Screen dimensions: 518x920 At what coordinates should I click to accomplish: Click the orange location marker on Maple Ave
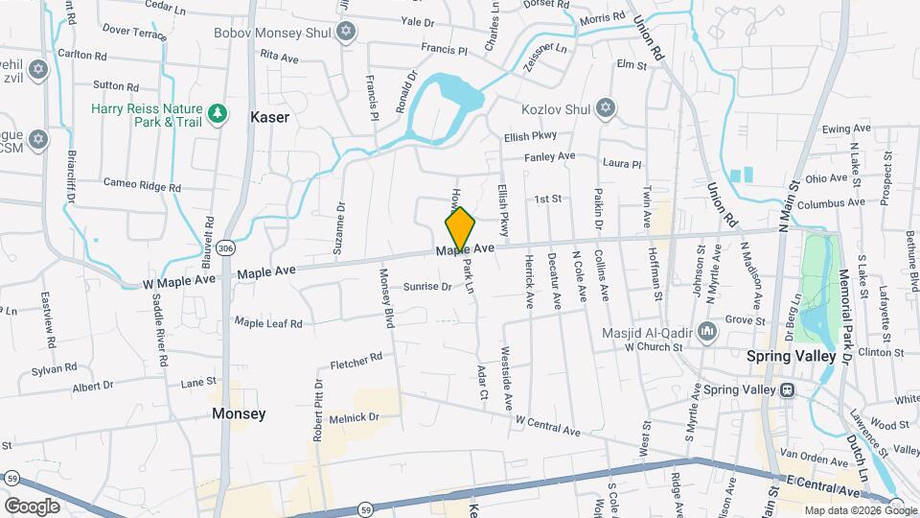[461, 230]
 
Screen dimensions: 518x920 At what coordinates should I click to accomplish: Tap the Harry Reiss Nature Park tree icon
[218, 114]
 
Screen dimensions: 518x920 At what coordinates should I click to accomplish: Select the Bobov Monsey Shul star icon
[346, 33]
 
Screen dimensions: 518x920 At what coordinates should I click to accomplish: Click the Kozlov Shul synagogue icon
[605, 108]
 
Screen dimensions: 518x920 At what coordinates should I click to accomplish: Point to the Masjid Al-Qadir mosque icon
[708, 332]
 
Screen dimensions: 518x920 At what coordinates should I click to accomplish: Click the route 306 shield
[225, 247]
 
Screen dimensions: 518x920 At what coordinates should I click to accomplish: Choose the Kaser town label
[269, 116]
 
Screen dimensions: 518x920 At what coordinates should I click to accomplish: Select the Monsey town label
[239, 413]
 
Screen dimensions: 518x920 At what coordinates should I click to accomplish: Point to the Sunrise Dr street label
[426, 287]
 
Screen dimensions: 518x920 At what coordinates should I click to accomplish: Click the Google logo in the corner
[32, 506]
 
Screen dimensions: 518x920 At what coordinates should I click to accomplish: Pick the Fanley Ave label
[549, 156]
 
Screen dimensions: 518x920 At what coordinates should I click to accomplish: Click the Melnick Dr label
[355, 417]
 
